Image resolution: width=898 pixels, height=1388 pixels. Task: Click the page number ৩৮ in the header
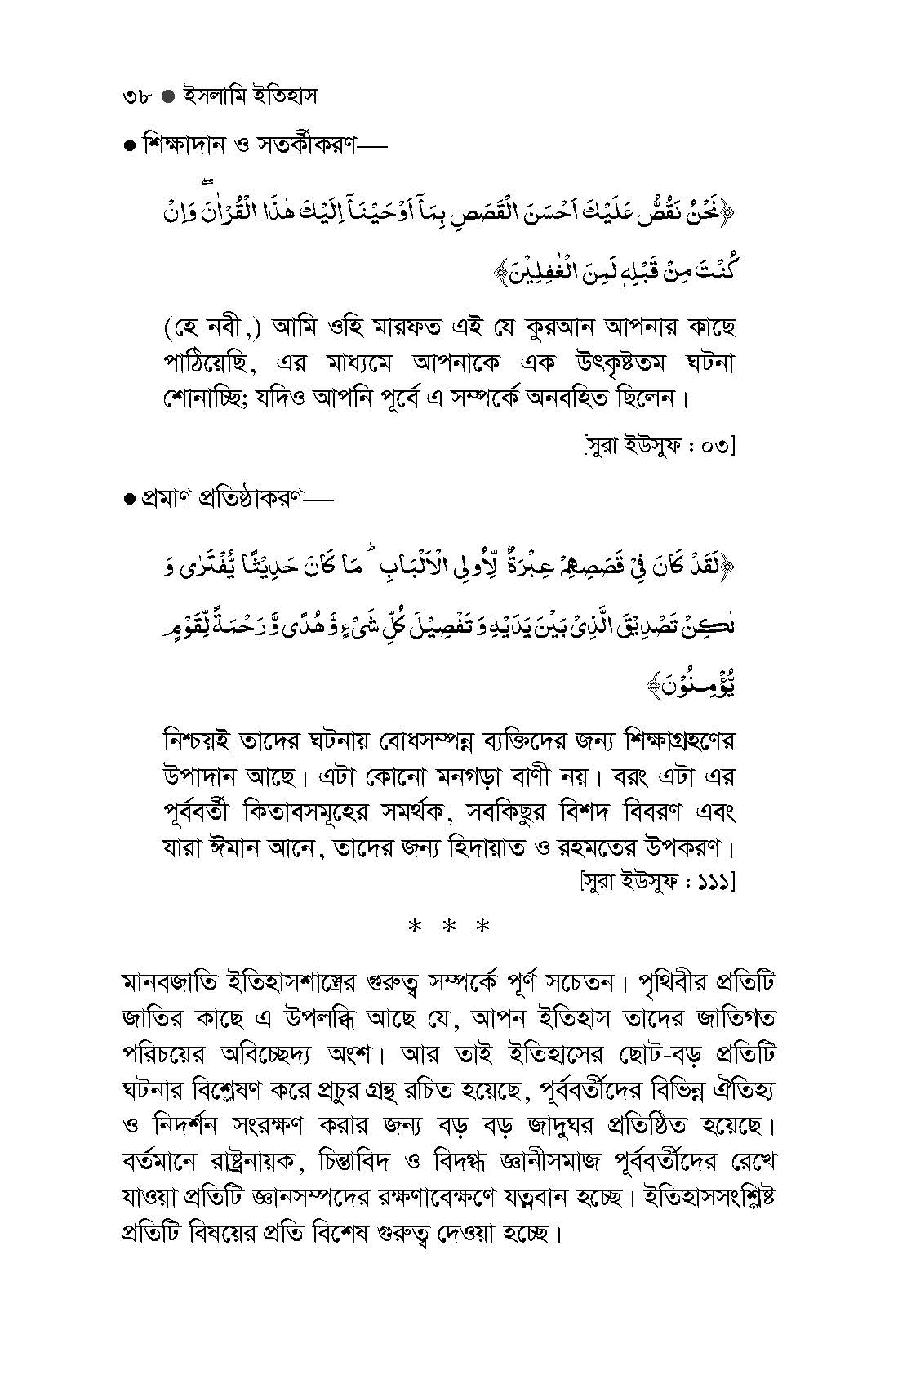[x=131, y=96]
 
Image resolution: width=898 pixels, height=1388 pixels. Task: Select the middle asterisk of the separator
[x=450, y=928]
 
